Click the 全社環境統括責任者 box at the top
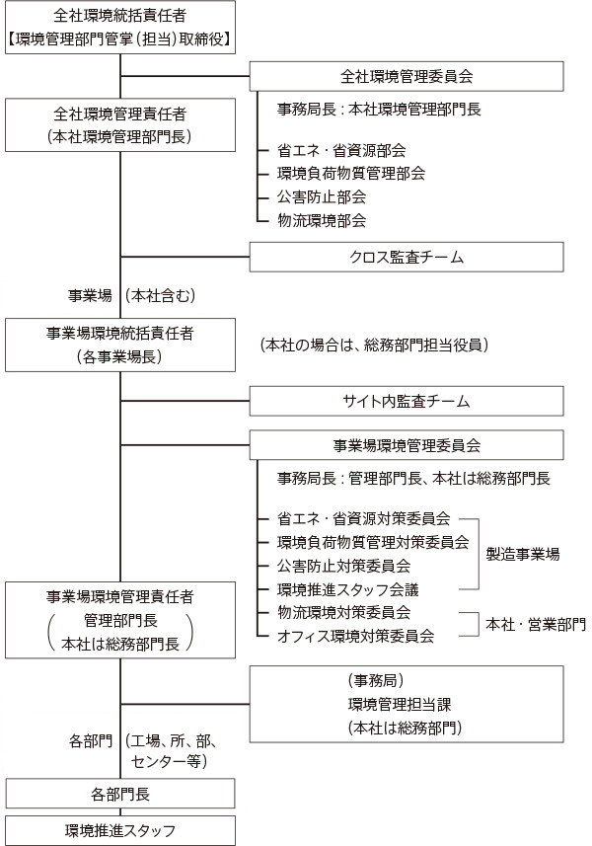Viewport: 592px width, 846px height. (119, 27)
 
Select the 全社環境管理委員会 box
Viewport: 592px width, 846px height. (406, 76)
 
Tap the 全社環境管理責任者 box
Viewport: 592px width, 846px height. (119, 125)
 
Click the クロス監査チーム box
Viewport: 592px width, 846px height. (406, 257)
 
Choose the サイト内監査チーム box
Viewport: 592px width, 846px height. (406, 401)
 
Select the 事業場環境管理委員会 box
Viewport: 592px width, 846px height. (406, 445)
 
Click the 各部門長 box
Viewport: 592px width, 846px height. (119, 793)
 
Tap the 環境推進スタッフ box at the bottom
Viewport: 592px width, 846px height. (119, 829)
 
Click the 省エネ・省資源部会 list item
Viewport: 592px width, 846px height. (341, 150)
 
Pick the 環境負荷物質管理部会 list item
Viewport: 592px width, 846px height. (351, 173)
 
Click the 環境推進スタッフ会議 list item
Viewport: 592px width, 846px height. (348, 589)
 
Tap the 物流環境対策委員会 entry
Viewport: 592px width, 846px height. (344, 612)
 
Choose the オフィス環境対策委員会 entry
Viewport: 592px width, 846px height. (356, 636)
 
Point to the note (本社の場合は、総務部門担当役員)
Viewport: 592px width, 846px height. (375, 346)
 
